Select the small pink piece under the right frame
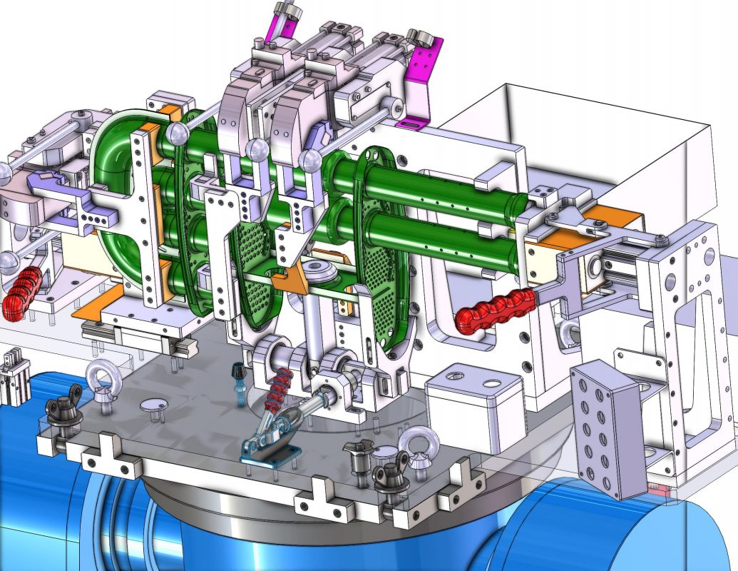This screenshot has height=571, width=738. tap(660, 490)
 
